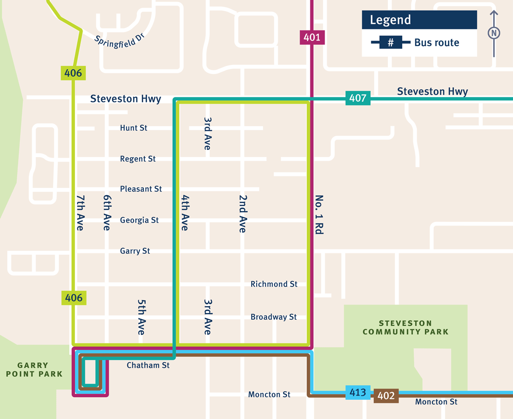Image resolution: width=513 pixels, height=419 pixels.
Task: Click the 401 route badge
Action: [x=312, y=37]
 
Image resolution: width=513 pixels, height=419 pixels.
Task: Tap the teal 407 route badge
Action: [x=358, y=98]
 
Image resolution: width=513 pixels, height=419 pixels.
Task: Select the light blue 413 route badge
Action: [x=358, y=393]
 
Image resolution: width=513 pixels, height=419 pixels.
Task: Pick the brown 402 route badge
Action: [x=386, y=396]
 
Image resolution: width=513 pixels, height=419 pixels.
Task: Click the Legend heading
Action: [x=390, y=20]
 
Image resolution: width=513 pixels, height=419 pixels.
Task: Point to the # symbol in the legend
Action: [x=390, y=43]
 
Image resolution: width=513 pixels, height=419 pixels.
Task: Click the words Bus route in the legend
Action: [x=437, y=43]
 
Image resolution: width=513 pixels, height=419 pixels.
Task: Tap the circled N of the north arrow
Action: [x=494, y=33]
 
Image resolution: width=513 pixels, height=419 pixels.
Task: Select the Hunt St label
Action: [x=134, y=128]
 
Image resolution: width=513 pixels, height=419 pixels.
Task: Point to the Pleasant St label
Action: [x=141, y=189]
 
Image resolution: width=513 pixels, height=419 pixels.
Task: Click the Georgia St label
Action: [x=139, y=220]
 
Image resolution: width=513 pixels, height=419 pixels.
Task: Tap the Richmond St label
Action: [x=274, y=284]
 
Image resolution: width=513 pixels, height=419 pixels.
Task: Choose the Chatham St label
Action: [x=148, y=365]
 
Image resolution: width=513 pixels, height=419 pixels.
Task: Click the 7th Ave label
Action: [x=80, y=213]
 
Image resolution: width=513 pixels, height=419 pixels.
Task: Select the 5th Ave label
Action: [x=141, y=317]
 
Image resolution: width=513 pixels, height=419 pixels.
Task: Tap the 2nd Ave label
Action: [x=243, y=213]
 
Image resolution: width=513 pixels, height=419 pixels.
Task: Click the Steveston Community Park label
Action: [x=405, y=327]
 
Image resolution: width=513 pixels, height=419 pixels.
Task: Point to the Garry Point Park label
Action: [x=33, y=369]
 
